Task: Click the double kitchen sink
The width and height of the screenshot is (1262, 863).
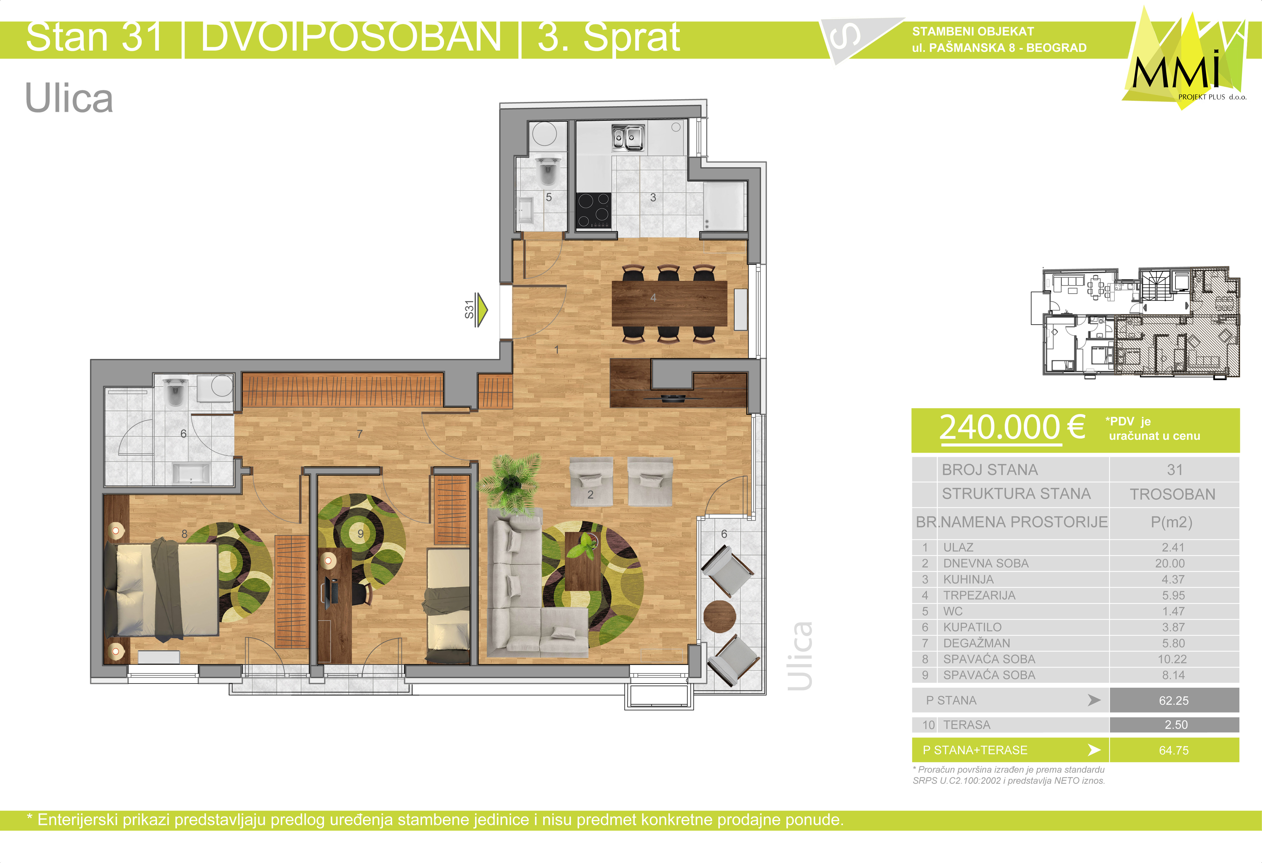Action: pyautogui.click(x=628, y=137)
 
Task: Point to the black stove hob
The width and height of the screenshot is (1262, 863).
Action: pyautogui.click(x=594, y=210)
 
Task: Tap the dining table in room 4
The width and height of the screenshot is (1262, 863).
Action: pyautogui.click(x=669, y=303)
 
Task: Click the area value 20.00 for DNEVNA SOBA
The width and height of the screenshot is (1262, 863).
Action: pyautogui.click(x=1170, y=564)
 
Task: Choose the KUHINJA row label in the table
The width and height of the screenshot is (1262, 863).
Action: pyautogui.click(x=968, y=579)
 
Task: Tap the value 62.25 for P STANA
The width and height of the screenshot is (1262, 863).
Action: pyautogui.click(x=1173, y=701)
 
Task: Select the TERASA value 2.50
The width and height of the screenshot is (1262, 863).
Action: pyautogui.click(x=1176, y=725)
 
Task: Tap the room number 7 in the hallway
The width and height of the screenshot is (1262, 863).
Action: pyautogui.click(x=359, y=434)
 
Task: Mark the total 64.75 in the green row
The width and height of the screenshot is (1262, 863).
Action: pyautogui.click(x=1173, y=750)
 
